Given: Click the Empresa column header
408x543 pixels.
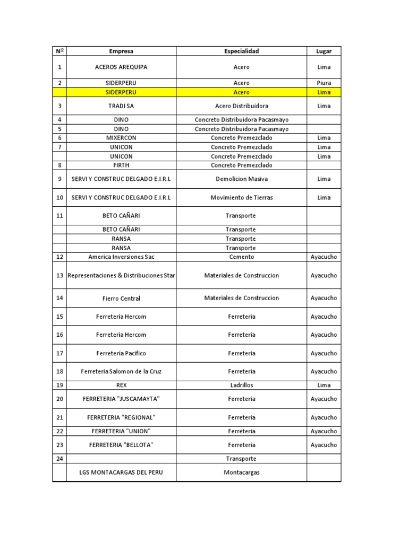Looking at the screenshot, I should coord(121,51).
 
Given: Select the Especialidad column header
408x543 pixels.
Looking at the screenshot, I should coord(241,51).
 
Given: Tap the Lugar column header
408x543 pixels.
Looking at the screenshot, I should coord(324,51).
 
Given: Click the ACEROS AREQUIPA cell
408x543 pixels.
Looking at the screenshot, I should coord(121,67).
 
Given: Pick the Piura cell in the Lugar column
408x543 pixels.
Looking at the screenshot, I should coord(324,83).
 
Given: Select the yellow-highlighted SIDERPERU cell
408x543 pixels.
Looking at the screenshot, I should coord(121,92).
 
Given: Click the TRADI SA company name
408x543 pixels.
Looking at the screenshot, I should coord(121,106).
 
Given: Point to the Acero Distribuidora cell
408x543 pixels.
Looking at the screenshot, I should coord(241,106).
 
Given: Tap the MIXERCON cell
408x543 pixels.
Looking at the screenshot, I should coord(121,138).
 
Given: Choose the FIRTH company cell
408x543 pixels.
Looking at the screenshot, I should coord(121,165).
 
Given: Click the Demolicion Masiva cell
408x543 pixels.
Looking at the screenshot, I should coord(241,179).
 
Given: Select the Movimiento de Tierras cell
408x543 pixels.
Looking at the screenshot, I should coord(241,198).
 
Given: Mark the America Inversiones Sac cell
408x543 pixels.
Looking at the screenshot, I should coord(121,257).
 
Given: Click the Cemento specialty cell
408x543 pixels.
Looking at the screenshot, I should coord(241,257).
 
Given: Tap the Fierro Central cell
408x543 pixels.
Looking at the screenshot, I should coord(121,299).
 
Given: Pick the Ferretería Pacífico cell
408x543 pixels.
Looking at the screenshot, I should coord(121,353).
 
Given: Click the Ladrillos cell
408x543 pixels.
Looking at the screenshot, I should coord(241,385).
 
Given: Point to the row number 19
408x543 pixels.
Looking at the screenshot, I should coord(59,385).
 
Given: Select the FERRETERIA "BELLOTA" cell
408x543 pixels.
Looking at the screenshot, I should coord(121,445).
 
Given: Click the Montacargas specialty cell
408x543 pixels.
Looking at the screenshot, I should coord(241,472).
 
